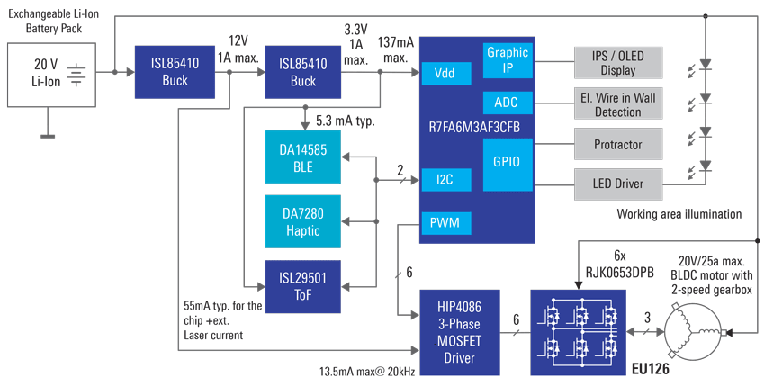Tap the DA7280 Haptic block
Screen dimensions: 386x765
pyautogui.click(x=303, y=221)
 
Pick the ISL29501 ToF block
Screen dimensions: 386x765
pyautogui.click(x=303, y=286)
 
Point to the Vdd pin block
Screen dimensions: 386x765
pyautogui.click(x=444, y=73)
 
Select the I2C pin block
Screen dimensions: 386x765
pyautogui.click(x=444, y=179)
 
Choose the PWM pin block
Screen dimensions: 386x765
pyautogui.click(x=444, y=222)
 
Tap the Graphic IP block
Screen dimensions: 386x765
pyautogui.click(x=508, y=59)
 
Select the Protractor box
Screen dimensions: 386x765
pyautogui.click(x=618, y=144)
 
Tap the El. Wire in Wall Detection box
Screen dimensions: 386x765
pyautogui.click(x=618, y=104)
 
